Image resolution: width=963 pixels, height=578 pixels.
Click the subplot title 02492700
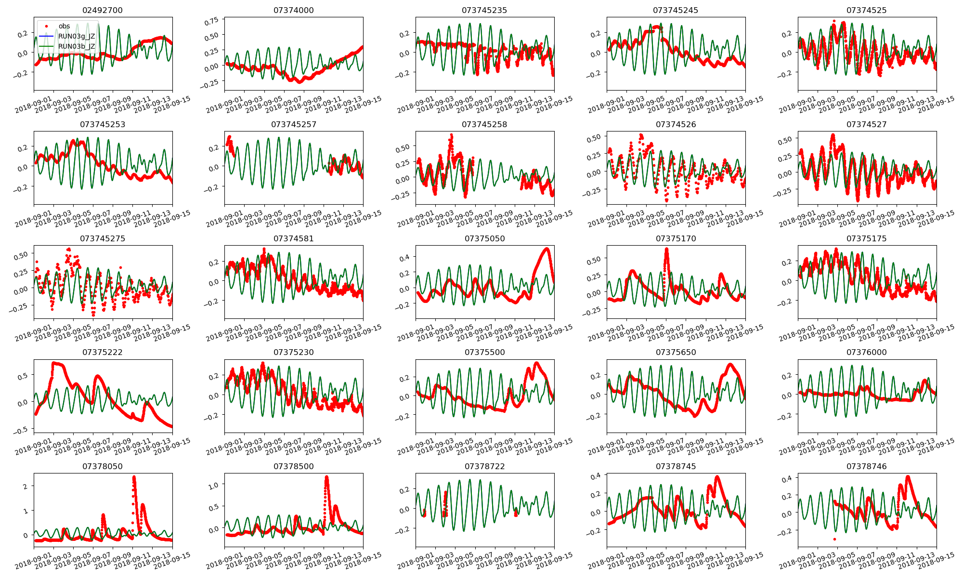(x=103, y=10)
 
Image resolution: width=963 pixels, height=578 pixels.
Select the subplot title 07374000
(x=293, y=10)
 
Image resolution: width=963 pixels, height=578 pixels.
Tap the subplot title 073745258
(x=484, y=124)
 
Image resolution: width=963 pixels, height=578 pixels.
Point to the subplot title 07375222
(x=103, y=352)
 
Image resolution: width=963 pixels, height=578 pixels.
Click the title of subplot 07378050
(x=103, y=466)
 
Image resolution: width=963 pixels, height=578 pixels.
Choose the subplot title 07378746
(x=867, y=466)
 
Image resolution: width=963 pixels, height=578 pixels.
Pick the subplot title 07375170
(x=676, y=238)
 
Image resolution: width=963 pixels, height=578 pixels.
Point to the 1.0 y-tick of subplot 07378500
(x=213, y=485)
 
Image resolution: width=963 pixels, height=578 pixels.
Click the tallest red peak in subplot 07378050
(x=134, y=477)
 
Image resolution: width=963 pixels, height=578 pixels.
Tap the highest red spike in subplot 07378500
(x=327, y=477)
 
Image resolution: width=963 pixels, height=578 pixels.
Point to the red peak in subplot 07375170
(x=667, y=249)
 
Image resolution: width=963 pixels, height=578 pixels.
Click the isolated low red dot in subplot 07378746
(x=834, y=539)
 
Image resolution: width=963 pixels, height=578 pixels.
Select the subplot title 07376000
(x=867, y=352)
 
